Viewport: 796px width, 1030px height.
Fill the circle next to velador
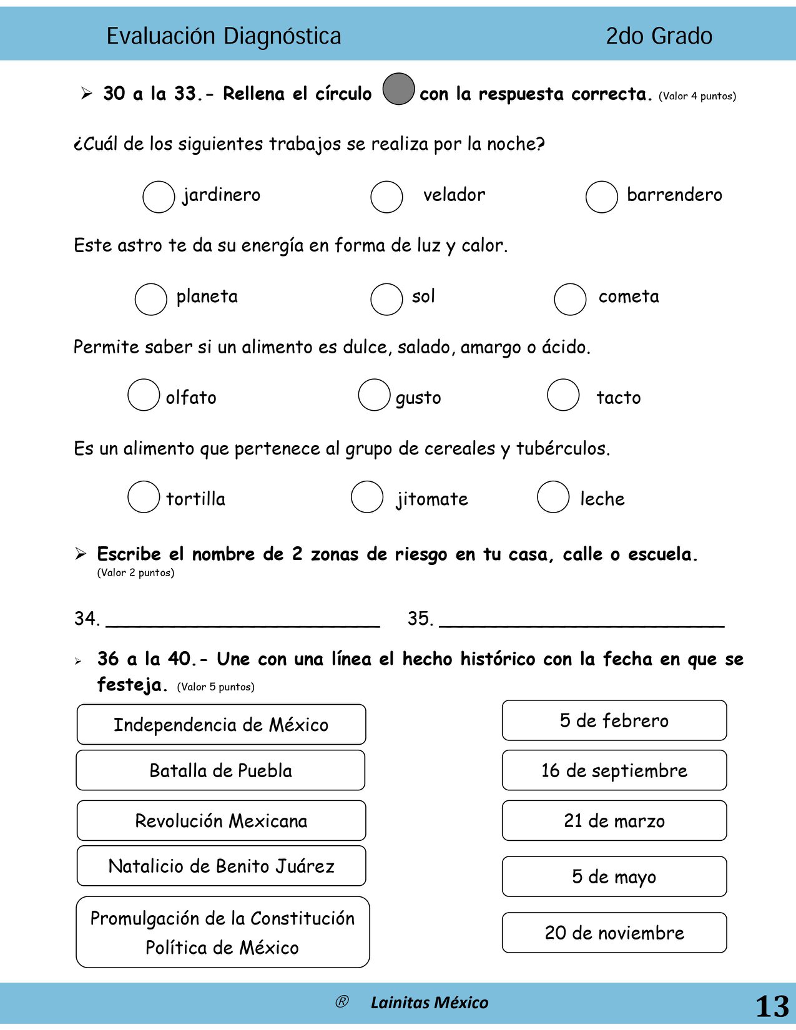386,197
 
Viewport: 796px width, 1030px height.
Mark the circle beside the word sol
386,299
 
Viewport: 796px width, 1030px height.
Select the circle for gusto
374,395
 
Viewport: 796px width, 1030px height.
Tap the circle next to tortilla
144,496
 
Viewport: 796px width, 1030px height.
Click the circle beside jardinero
159,197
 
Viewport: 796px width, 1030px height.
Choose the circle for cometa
570,299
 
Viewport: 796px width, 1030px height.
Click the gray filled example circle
398,89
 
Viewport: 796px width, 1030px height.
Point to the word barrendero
674,195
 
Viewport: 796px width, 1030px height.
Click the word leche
602,499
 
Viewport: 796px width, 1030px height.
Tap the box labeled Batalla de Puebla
220,770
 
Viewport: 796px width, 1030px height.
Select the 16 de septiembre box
614,770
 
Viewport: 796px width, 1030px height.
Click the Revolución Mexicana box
221,820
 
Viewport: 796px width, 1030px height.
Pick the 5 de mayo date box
614,876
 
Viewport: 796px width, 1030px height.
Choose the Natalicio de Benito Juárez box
221,866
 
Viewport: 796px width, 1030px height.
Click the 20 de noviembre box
614,933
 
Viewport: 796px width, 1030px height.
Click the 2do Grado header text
659,36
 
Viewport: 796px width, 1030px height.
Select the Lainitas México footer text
429,1003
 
